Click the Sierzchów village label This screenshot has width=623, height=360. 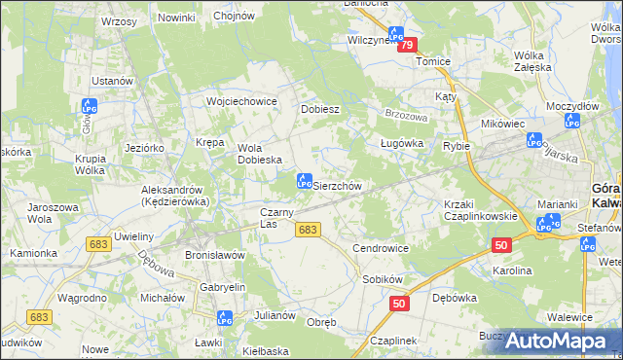337,185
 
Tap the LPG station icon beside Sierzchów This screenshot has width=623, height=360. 303,181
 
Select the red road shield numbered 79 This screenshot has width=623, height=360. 407,45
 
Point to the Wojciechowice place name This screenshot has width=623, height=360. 242,101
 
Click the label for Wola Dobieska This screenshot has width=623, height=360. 260,154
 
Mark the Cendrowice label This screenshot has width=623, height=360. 381,248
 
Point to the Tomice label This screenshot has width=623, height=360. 433,61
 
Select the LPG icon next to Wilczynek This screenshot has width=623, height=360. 396,35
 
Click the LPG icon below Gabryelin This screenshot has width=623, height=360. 224,317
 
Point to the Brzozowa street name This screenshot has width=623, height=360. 406,113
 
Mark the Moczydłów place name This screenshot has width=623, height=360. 572,104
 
